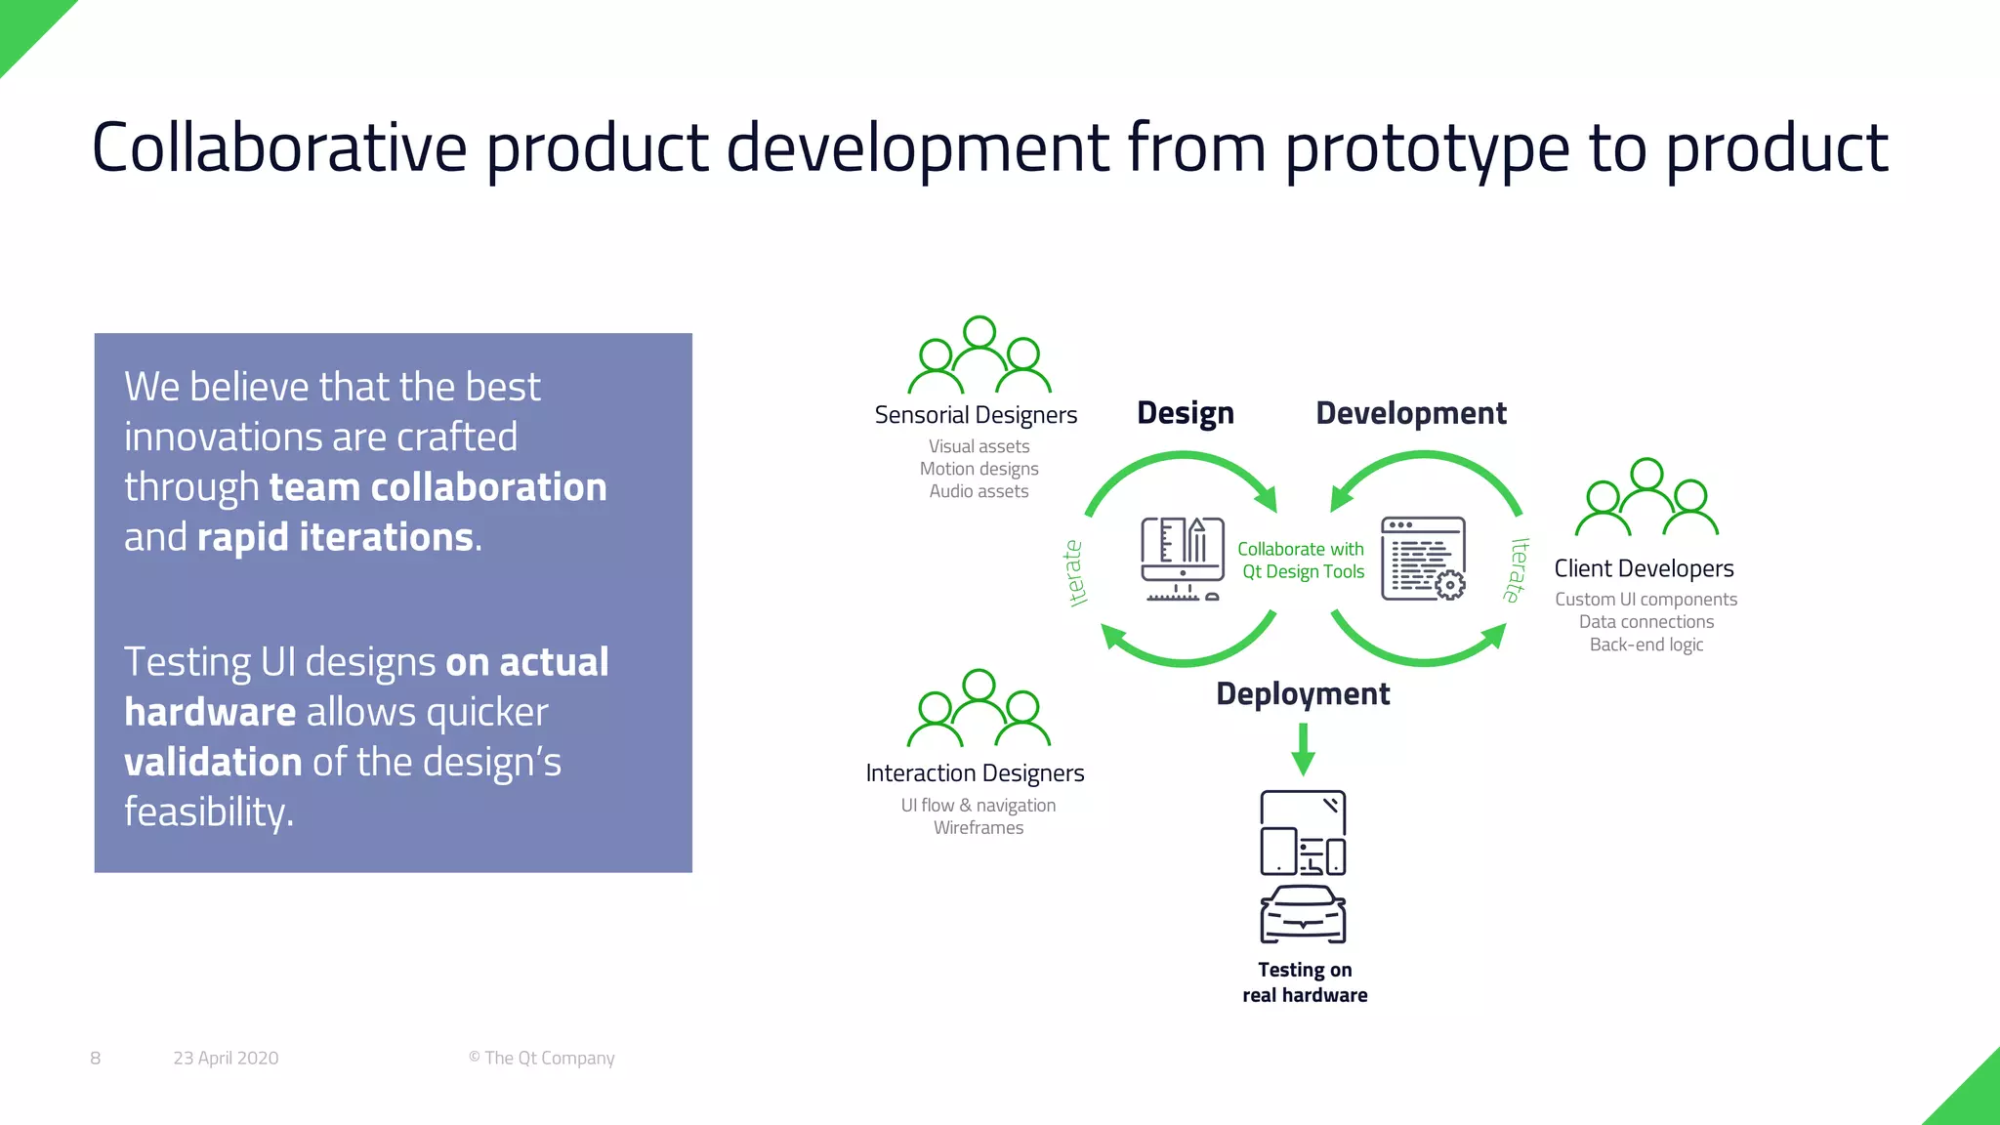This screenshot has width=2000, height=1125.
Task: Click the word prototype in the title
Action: [1426, 148]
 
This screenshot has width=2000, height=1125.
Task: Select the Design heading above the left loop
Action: [1185, 413]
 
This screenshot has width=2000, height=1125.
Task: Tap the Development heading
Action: [1410, 413]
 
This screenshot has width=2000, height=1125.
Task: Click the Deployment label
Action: [1302, 693]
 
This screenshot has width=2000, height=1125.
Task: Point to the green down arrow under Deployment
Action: [1303, 749]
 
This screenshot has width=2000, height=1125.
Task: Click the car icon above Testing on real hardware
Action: [1303, 914]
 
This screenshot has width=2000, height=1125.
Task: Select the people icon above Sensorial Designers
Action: [979, 355]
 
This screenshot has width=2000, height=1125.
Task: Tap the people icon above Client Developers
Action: [1646, 498]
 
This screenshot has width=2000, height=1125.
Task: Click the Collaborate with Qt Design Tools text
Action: [1301, 561]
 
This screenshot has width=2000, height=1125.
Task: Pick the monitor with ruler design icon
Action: [1182, 560]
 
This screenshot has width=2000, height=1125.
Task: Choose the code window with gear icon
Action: [1423, 560]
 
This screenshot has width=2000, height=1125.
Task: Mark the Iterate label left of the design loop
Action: [1074, 573]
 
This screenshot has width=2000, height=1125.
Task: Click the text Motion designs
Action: [979, 469]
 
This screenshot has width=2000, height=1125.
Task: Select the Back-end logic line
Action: [1646, 645]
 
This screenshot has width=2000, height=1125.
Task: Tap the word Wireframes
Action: [978, 828]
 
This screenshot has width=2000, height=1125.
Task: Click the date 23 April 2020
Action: [226, 1058]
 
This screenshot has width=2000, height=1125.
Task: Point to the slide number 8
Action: [95, 1058]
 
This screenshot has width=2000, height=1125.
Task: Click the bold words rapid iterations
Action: [335, 537]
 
